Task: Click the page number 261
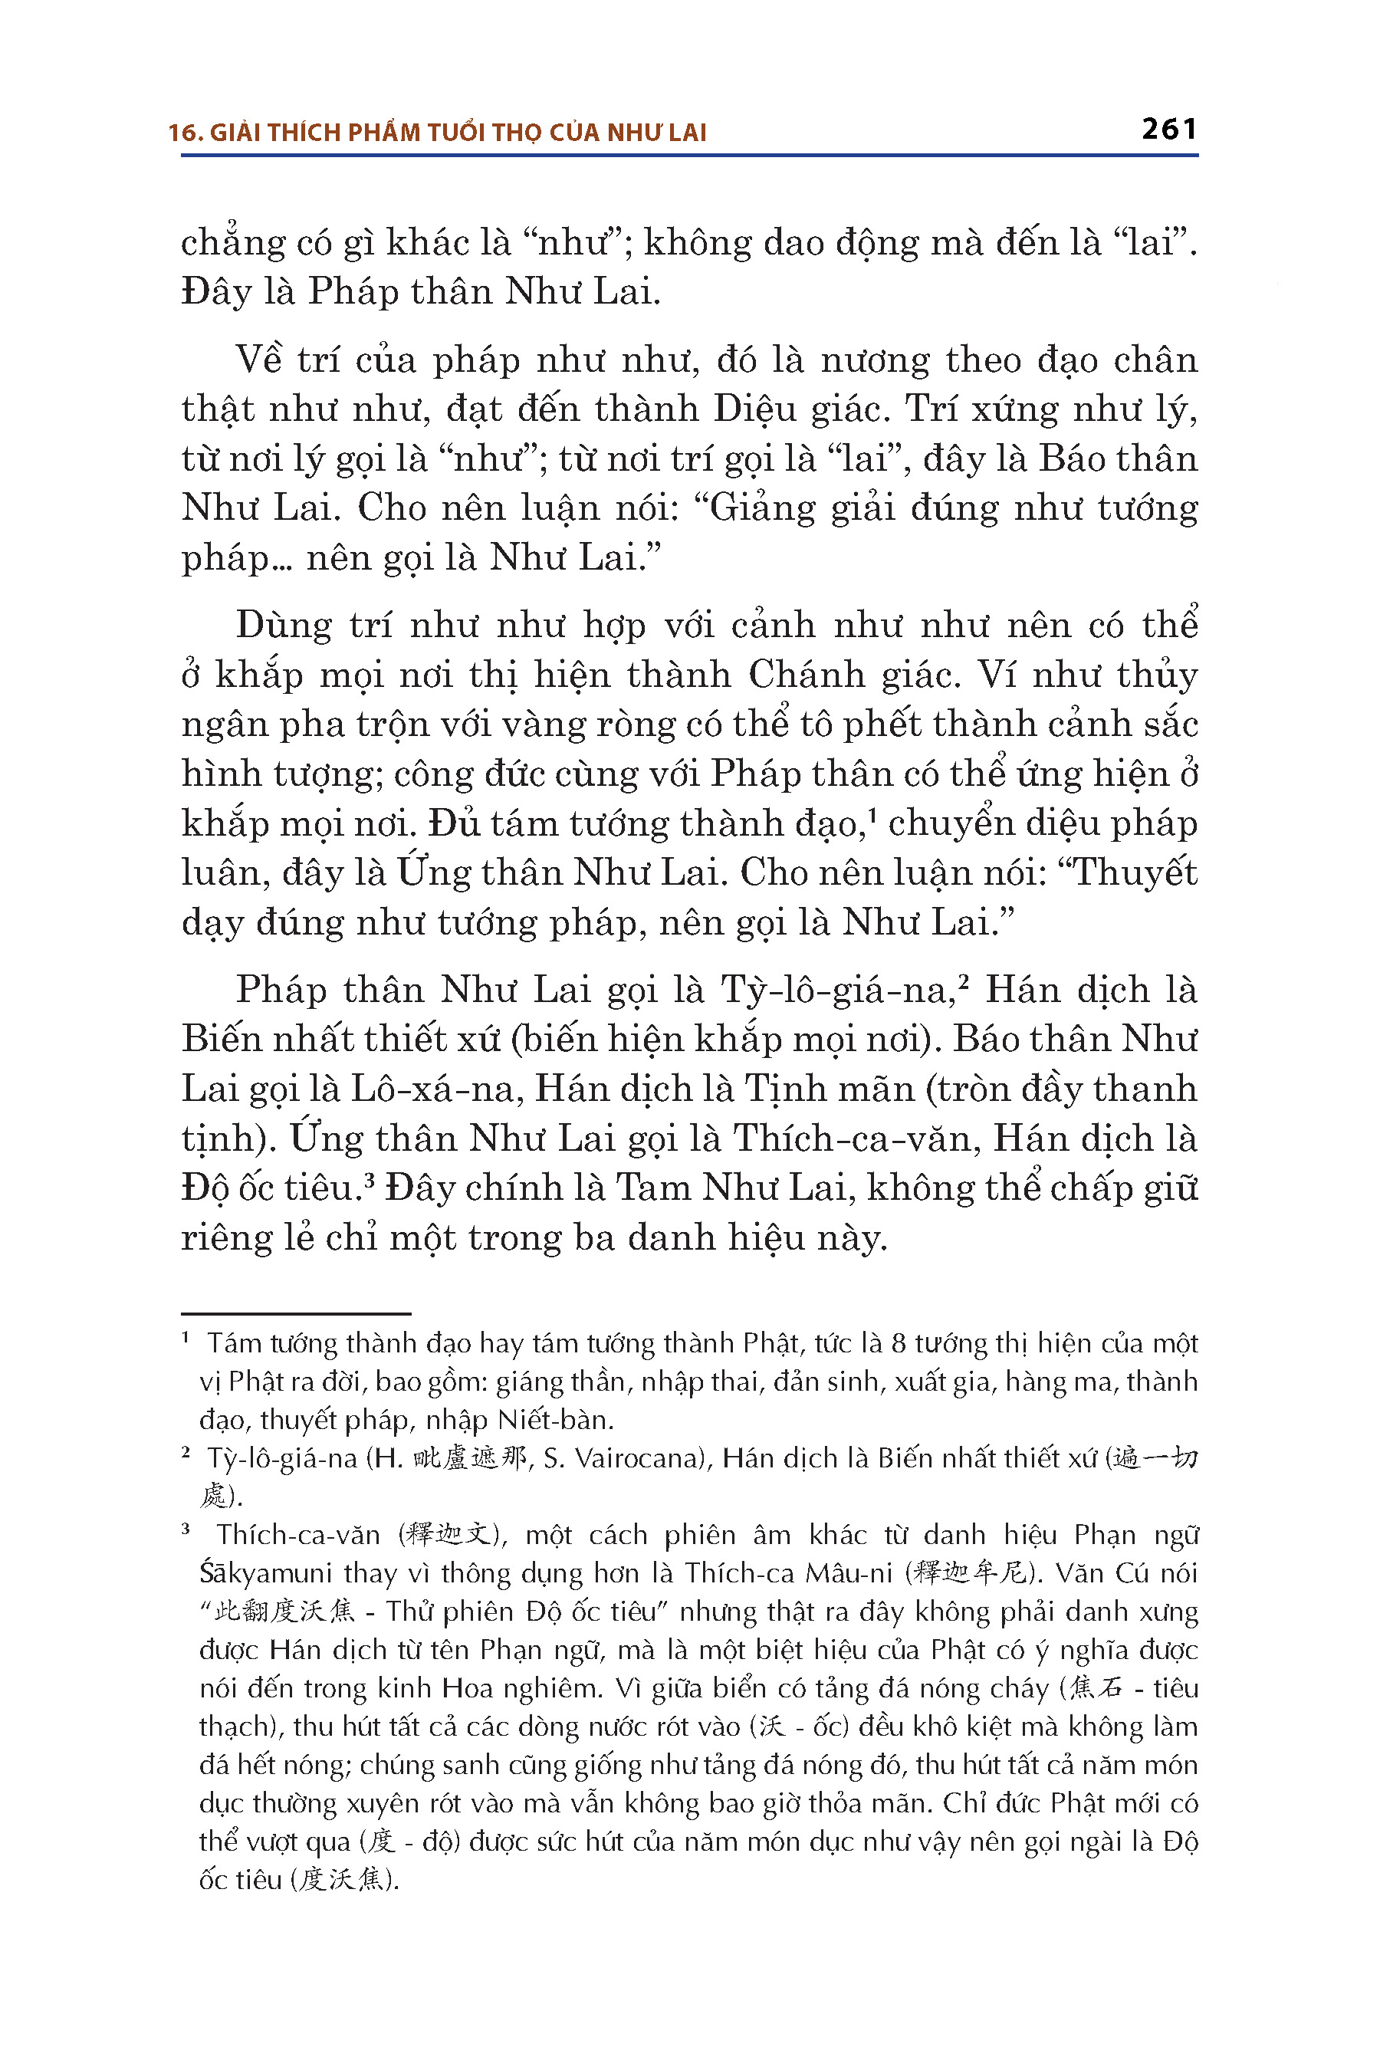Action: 1168,130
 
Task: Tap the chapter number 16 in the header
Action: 182,133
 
